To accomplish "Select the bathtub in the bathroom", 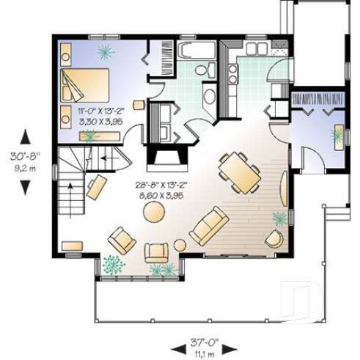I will (196, 51).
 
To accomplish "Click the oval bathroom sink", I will (208, 95).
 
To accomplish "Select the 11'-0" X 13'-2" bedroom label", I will (103, 111).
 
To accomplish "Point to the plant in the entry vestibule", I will (337, 134).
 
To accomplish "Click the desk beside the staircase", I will (96, 187).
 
